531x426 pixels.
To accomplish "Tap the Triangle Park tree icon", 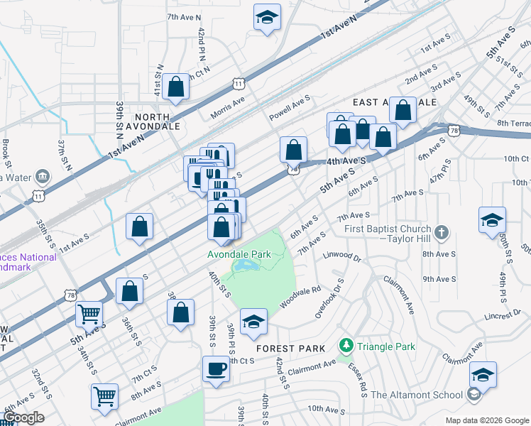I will click(x=346, y=346).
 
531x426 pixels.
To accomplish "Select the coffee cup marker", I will click(x=216, y=370).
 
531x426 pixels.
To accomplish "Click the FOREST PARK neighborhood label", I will click(x=290, y=349).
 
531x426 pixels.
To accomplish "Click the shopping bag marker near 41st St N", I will click(x=175, y=88).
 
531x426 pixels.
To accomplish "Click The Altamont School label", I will click(x=415, y=395).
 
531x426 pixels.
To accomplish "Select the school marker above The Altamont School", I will click(x=483, y=375).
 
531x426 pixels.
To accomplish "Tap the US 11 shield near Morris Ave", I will click(x=238, y=84).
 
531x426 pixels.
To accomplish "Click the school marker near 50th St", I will click(x=492, y=221).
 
